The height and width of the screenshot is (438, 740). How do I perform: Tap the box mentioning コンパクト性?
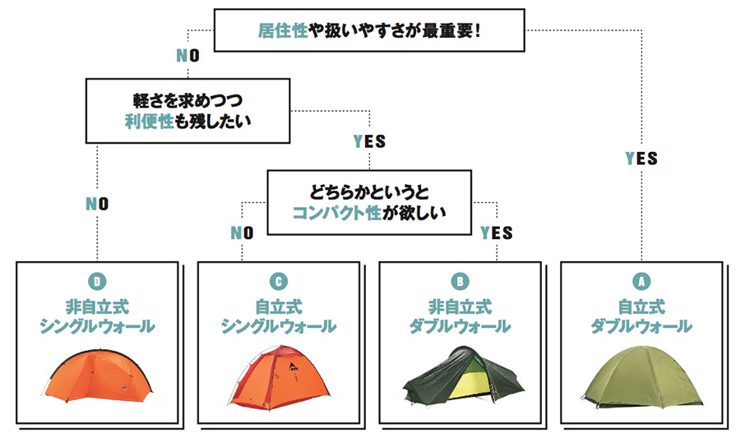click(369, 202)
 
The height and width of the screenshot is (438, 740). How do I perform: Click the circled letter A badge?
click(641, 282)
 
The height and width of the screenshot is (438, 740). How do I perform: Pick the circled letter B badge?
click(460, 282)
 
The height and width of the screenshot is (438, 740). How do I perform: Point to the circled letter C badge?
click(279, 282)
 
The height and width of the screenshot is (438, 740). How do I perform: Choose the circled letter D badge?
click(97, 282)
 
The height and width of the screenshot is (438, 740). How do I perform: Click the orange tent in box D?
click(97, 379)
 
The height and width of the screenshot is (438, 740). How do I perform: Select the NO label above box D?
click(97, 204)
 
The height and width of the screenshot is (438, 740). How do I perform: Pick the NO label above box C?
click(243, 233)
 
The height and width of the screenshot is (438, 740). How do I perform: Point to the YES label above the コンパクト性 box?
click(369, 141)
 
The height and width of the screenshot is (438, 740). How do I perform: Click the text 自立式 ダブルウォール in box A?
click(641, 317)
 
